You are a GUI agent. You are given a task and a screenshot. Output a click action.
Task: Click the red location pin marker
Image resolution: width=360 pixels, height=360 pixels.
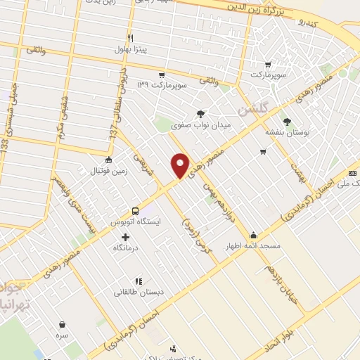tap(181, 165)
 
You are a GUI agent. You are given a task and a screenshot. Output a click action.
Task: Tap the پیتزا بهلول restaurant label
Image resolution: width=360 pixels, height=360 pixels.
tap(130, 49)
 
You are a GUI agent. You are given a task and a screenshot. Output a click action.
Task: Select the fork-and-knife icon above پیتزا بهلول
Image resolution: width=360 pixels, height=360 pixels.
tap(130, 38)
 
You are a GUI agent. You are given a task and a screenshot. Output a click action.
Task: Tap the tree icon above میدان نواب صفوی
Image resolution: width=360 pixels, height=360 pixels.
tap(201, 113)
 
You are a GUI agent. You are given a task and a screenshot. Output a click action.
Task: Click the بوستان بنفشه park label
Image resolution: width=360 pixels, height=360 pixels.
tap(286, 132)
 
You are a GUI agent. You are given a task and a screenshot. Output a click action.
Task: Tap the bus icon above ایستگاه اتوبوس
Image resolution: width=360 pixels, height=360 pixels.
tap(134, 210)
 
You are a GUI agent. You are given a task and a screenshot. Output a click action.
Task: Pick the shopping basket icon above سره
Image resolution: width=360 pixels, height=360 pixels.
tap(63, 325)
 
